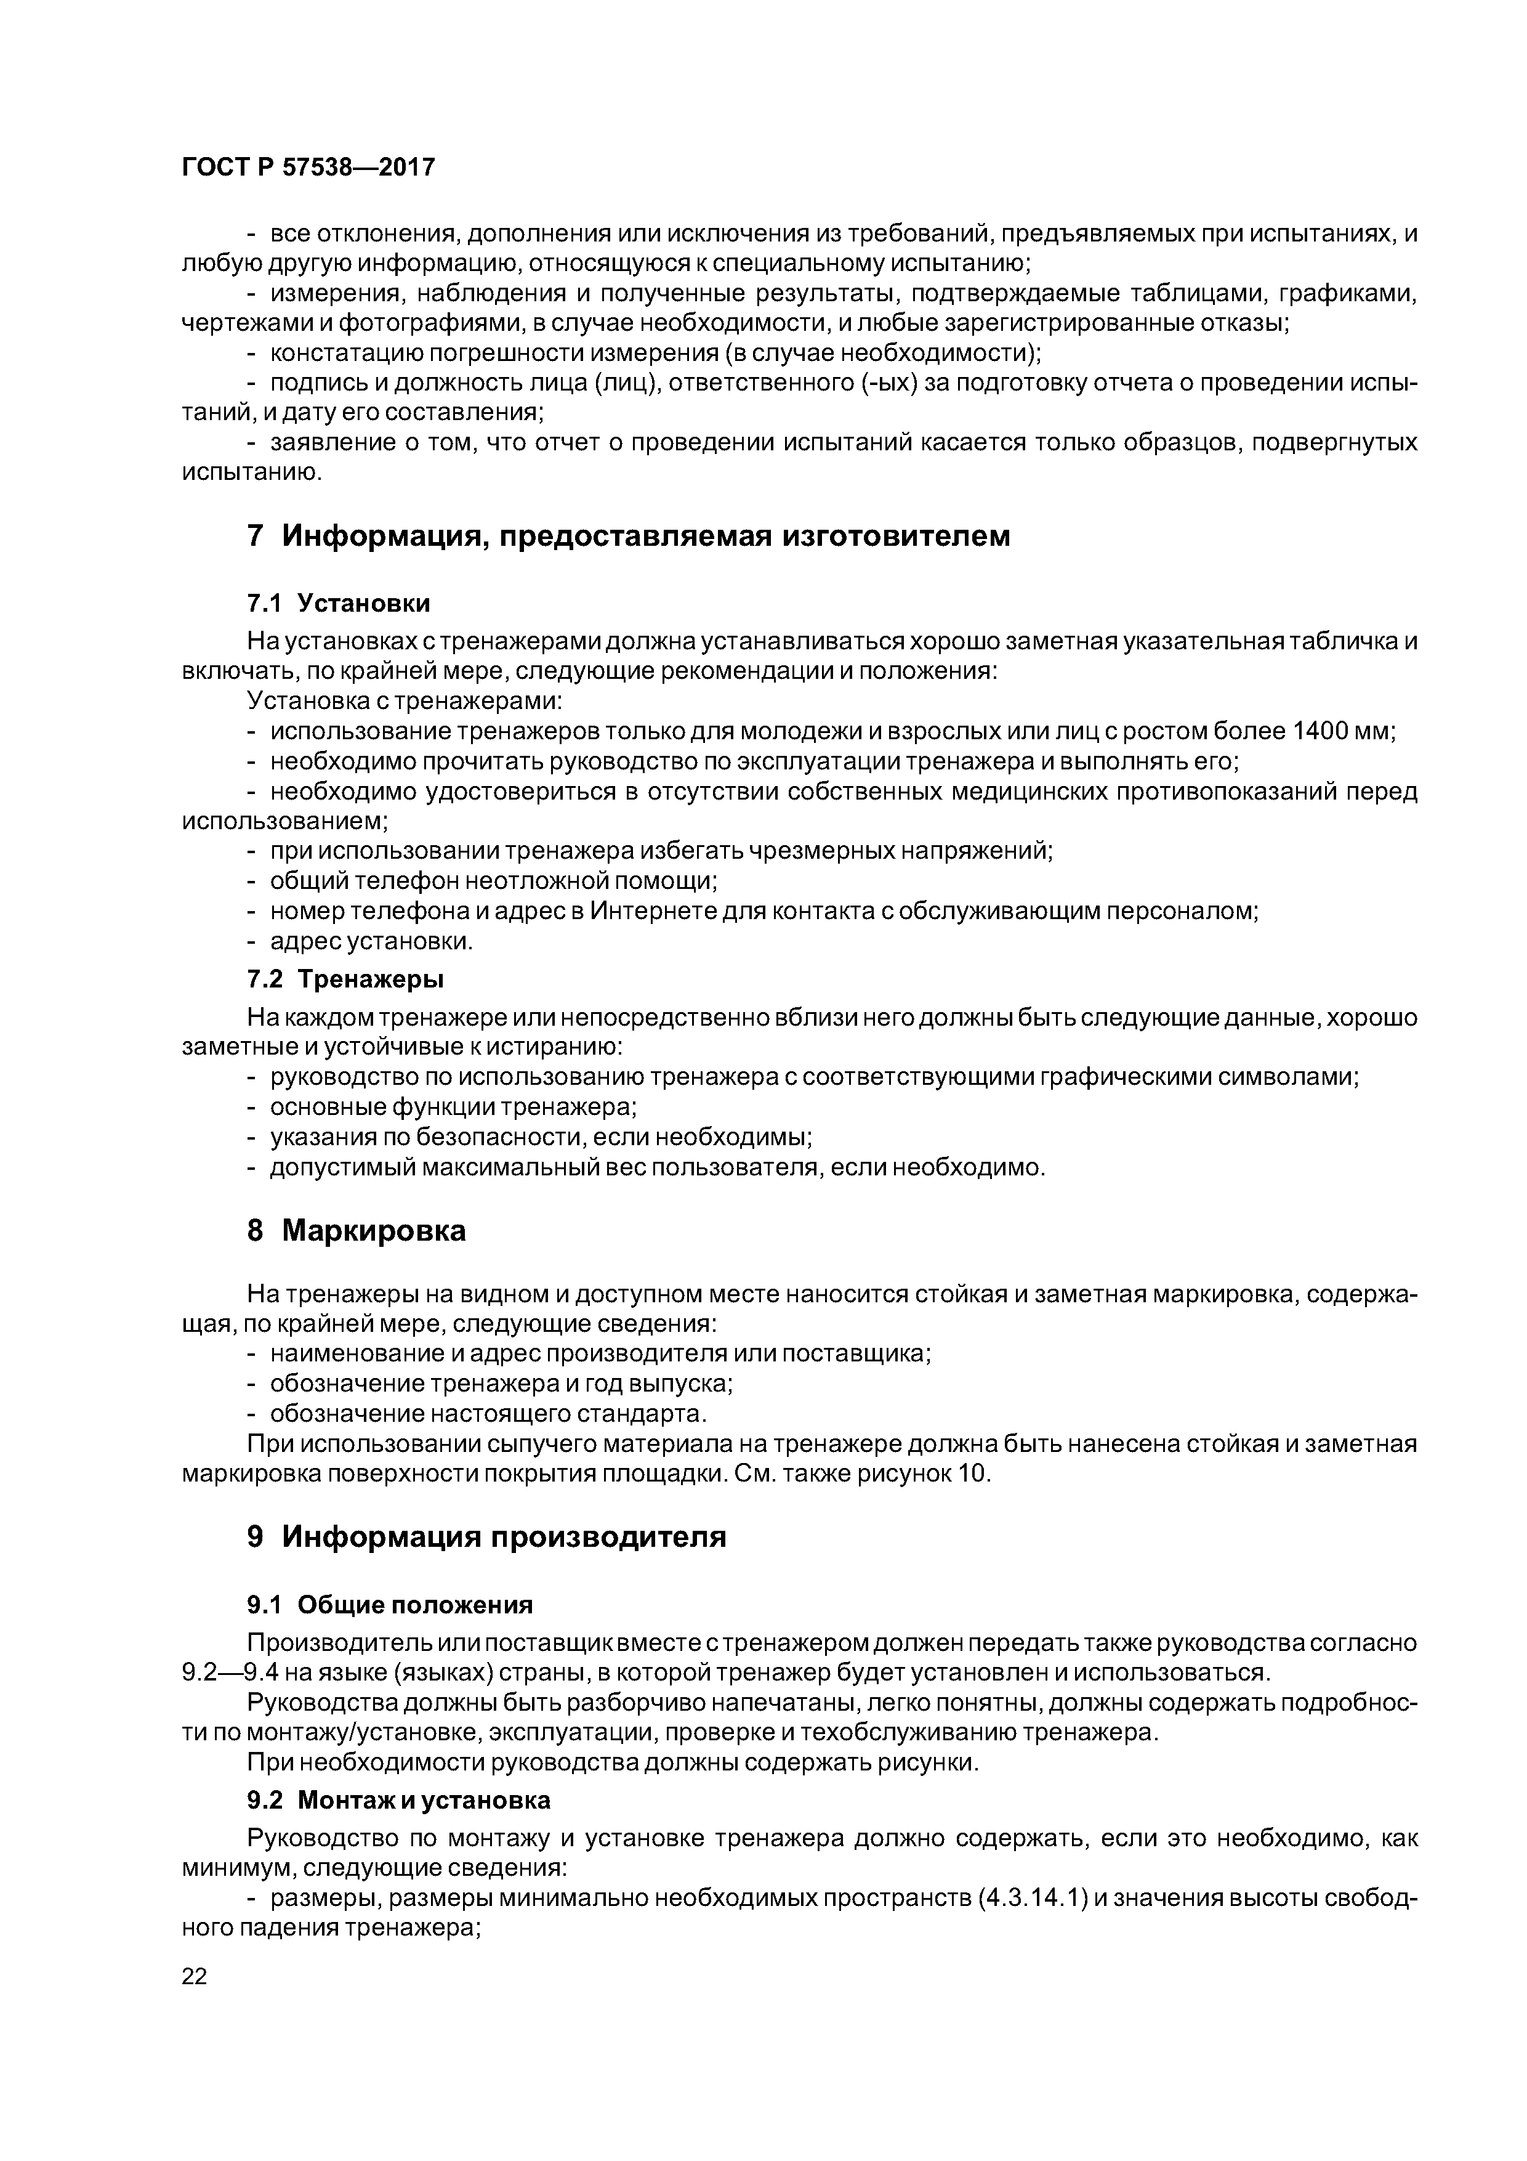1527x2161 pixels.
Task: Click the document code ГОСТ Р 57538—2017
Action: [x=308, y=168]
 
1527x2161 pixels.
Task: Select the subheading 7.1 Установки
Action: [x=339, y=602]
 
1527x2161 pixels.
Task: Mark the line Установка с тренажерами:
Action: [x=405, y=701]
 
